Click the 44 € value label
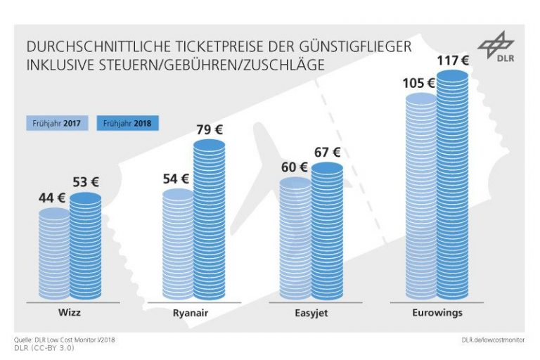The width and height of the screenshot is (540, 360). coord(51,198)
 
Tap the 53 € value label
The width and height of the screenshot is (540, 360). coord(85,182)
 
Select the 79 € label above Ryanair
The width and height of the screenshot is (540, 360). coord(209,129)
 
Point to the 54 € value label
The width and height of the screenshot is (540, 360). coord(176,179)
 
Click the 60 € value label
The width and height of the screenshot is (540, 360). coord(294,167)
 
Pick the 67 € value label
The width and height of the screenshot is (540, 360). coord(327,152)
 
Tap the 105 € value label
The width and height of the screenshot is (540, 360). coord(419,83)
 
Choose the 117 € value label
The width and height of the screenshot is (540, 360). coord(452,61)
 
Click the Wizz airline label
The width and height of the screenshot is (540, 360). coord(69,311)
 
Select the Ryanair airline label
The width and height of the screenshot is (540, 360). coord(193,312)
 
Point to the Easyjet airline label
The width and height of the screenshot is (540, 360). coord(311,312)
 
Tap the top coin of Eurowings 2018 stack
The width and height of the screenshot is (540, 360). coord(452,76)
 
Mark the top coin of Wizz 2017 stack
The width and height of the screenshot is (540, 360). coord(53,213)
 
